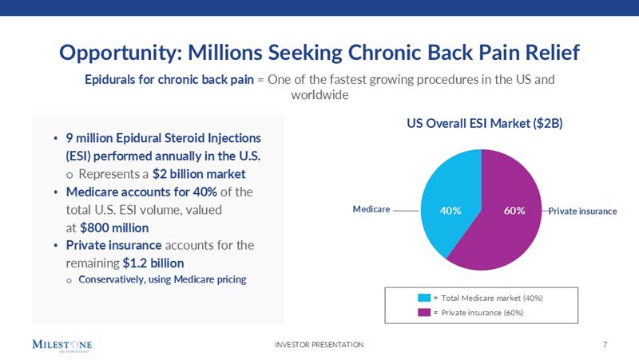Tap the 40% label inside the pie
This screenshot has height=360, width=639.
click(451, 211)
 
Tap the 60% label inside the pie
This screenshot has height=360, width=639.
click(514, 211)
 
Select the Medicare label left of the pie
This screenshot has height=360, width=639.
click(371, 209)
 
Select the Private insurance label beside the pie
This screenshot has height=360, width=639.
click(582, 212)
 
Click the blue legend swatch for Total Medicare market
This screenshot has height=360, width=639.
click(423, 298)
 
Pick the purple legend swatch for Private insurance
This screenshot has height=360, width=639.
click(423, 312)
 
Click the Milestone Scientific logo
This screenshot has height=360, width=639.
click(62, 346)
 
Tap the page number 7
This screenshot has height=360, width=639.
click(605, 344)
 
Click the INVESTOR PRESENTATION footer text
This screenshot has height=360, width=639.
click(319, 344)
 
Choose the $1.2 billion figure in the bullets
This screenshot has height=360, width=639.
click(153, 262)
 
